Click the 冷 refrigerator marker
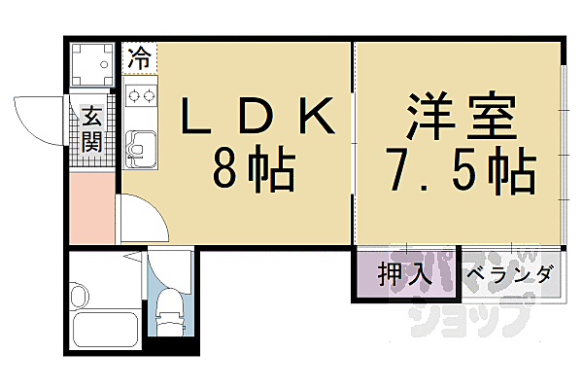click(x=140, y=55)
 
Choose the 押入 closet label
click(x=404, y=274)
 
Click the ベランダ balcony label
click(x=509, y=274)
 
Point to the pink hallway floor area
click(x=92, y=209)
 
